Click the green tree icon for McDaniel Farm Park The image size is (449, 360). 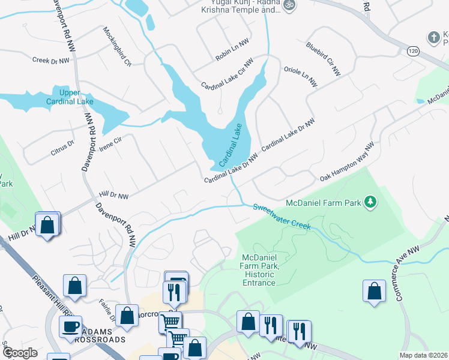point(372,202)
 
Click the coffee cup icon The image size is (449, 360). point(70,326)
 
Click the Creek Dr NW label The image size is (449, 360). point(51,60)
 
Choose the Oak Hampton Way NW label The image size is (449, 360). point(346,162)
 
